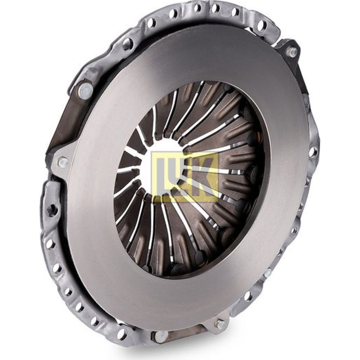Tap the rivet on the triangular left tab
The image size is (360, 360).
[62, 162]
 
